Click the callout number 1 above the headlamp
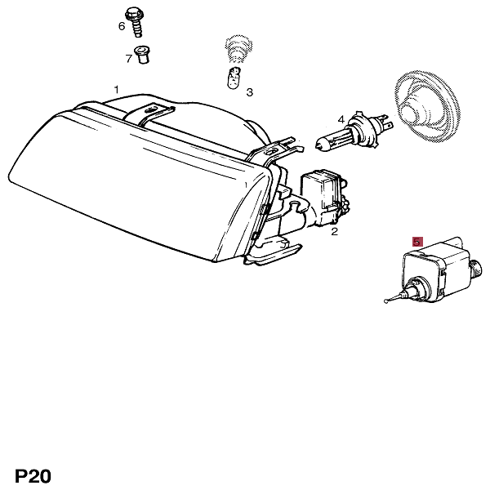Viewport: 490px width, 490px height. tap(116, 90)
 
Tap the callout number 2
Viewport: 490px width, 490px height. tap(334, 232)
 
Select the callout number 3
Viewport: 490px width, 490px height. tap(249, 92)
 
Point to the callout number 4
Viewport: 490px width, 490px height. tap(341, 119)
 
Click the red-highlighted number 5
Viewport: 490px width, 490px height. tap(417, 242)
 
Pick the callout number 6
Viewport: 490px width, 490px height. tap(122, 26)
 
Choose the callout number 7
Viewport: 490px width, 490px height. tap(128, 59)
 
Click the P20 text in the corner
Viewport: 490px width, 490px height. tap(33, 476)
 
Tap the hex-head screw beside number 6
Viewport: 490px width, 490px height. tap(136, 23)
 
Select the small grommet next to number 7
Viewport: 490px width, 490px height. tap(142, 55)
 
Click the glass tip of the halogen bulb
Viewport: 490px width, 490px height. tap(318, 145)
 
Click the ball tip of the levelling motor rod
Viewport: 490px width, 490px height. tap(386, 301)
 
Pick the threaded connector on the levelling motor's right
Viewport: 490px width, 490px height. tap(477, 268)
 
